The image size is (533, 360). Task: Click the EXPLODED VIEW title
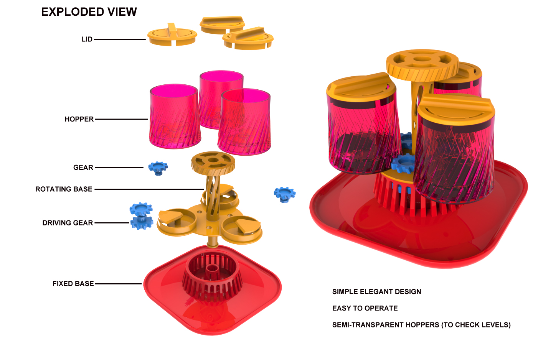pos(89,12)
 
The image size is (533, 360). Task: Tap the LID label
pos(87,39)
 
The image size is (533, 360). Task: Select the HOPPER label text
pos(79,119)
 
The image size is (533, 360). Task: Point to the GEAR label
pos(83,168)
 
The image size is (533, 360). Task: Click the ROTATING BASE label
pos(64,189)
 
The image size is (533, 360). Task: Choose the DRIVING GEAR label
pos(68,223)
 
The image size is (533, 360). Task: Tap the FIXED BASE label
pos(73,284)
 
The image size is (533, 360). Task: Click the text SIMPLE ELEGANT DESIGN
pos(376,292)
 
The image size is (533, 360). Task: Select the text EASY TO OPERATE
pos(365,308)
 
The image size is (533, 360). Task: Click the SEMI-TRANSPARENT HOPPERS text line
pos(421,325)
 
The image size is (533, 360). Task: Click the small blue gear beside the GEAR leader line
pos(158,168)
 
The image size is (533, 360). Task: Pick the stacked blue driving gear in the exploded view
pos(141,216)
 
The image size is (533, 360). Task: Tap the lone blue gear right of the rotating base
pos(284,194)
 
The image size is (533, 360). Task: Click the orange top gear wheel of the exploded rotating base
pos(213,161)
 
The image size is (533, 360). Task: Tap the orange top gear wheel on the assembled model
pos(422,63)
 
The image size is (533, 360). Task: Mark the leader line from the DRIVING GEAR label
pos(112,223)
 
